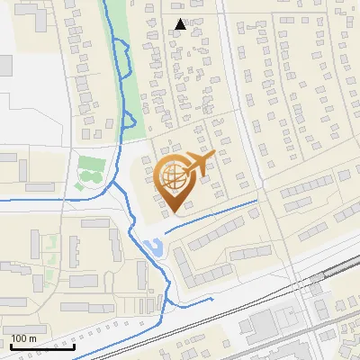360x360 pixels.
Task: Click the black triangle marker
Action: [181, 24]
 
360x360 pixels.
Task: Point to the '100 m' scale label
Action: [24, 338]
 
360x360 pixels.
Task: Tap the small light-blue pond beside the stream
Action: [154, 245]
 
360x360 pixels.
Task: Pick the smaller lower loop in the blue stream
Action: [129, 120]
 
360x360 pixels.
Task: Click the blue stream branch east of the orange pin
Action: [216, 214]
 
